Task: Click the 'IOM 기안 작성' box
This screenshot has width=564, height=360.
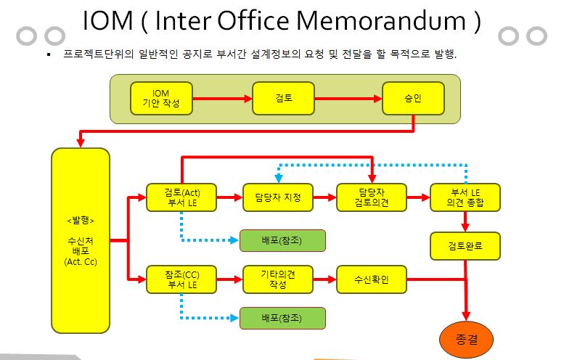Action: click(161, 98)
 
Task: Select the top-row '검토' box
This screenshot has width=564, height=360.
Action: click(283, 98)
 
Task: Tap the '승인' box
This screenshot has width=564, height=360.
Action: click(413, 98)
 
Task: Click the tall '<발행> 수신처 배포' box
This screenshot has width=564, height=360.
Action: click(81, 240)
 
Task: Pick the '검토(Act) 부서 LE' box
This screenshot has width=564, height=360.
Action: click(181, 197)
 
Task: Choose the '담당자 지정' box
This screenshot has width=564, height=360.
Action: click(278, 197)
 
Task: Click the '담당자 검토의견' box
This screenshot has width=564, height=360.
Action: click(372, 197)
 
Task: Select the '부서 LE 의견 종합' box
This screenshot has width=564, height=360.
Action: click(465, 197)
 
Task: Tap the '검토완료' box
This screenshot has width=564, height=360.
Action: click(465, 246)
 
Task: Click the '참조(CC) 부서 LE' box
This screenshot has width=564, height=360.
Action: click(181, 279)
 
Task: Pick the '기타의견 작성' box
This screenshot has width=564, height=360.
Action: click(278, 279)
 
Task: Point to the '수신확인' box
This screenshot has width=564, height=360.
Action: click(372, 279)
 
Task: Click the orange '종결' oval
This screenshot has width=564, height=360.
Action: click(467, 340)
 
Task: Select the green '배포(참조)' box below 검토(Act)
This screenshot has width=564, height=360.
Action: click(282, 240)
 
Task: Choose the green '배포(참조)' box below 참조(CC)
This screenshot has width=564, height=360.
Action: click(282, 318)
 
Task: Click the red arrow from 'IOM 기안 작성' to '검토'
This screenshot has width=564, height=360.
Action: click(223, 98)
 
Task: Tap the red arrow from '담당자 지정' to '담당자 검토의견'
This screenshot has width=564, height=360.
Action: click(324, 197)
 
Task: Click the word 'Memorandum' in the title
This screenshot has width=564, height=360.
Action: click(380, 20)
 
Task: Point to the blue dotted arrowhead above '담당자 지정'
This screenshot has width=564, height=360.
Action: click(279, 179)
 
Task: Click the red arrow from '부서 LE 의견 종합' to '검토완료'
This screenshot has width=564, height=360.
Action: click(465, 221)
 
